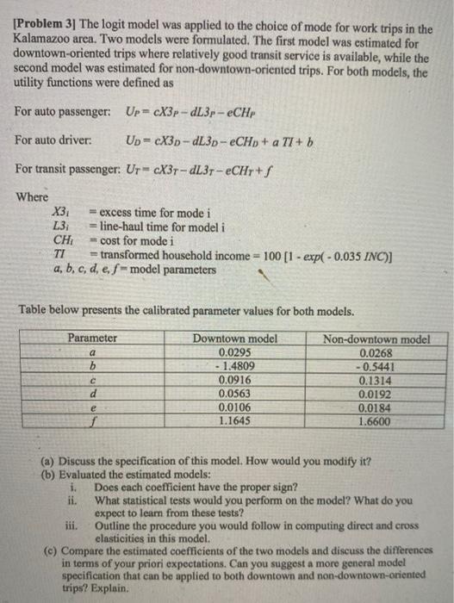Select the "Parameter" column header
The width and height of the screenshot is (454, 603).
coord(93,338)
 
